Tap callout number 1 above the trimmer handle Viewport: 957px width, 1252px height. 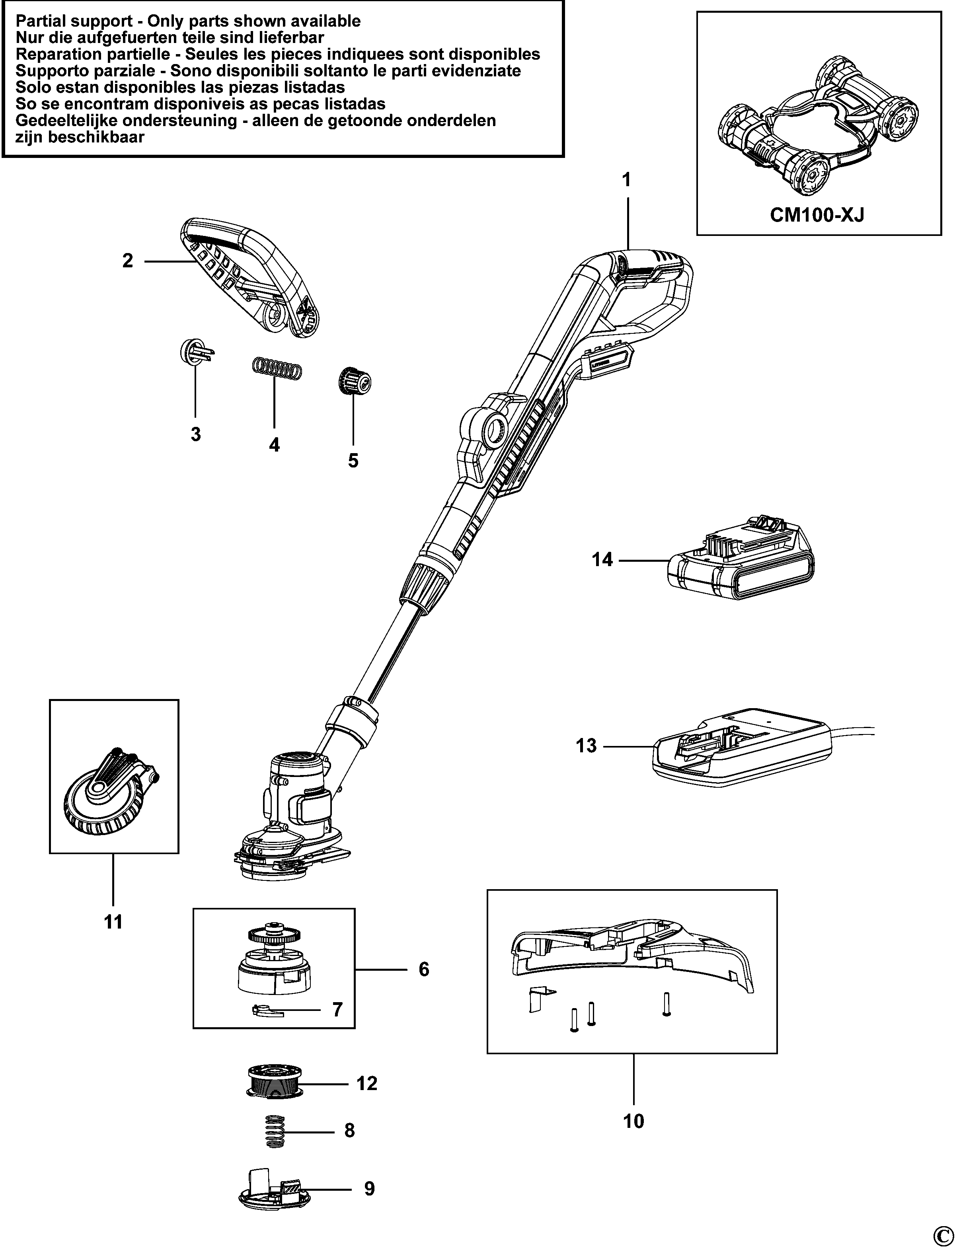(x=627, y=181)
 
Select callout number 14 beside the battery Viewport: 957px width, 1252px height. (x=602, y=560)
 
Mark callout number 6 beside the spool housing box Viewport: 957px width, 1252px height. (x=424, y=970)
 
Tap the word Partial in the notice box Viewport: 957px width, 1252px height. (x=43, y=21)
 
